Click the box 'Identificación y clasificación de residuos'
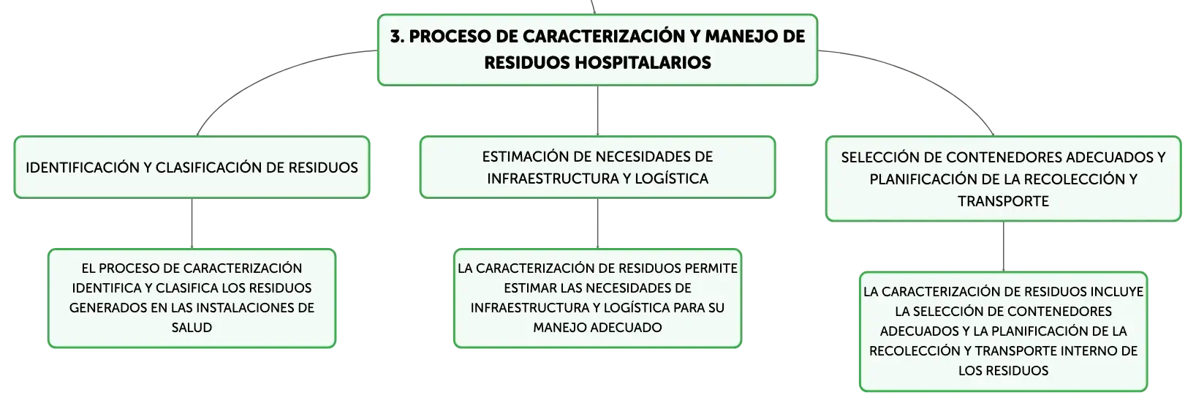[192, 168]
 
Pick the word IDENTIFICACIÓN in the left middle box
[82, 168]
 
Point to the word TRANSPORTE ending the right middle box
[1003, 201]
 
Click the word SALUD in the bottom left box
[192, 328]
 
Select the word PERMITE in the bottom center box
[711, 268]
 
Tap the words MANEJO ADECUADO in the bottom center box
[597, 328]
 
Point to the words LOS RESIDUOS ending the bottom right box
[1003, 371]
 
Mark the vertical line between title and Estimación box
[597, 110]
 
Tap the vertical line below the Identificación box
[192, 223]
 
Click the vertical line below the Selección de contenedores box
[1003, 247]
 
